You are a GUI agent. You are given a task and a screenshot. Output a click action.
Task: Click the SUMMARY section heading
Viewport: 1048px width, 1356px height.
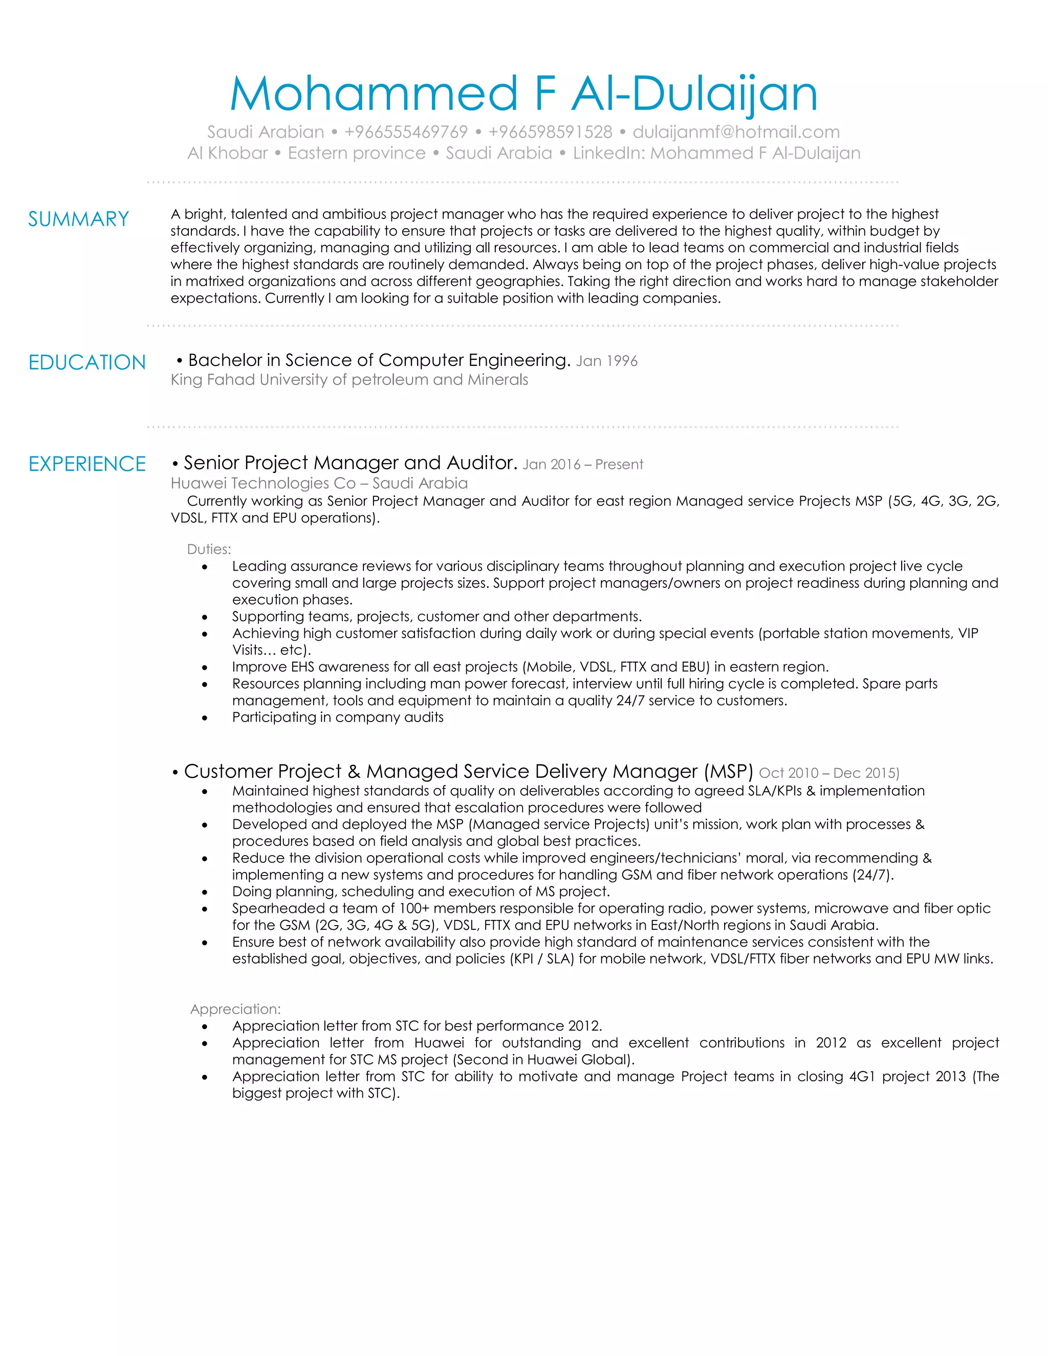point(78,219)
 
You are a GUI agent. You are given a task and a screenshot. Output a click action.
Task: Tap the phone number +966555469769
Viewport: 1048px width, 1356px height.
point(405,132)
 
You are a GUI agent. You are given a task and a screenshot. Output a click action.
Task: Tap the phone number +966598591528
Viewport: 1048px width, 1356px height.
point(550,132)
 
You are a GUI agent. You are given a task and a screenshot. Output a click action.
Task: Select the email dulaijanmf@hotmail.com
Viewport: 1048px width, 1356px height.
point(736,132)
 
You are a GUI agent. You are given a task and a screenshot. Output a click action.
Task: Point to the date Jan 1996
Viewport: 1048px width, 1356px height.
point(606,361)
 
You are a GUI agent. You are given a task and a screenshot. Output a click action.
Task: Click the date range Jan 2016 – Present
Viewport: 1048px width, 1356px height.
point(582,465)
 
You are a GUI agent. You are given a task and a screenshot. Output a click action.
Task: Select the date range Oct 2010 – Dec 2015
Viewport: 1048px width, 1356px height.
point(829,773)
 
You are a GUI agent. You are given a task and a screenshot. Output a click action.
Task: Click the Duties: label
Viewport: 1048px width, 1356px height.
point(209,550)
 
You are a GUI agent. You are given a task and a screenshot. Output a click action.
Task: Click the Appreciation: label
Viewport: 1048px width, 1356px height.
point(235,1010)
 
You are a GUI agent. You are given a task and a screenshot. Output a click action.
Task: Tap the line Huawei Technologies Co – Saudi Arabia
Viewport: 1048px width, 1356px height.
point(319,483)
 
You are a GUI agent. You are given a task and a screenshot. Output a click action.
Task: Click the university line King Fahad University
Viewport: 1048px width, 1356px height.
point(349,380)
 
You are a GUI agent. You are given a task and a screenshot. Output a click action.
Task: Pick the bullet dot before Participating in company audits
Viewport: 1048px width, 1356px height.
point(205,718)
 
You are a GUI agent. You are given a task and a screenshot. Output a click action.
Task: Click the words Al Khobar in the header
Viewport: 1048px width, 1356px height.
point(227,154)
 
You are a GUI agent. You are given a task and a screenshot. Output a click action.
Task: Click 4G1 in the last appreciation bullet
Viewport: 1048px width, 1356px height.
point(862,1077)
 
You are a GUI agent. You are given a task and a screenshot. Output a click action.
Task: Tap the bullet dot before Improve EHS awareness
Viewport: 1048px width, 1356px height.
point(205,667)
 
